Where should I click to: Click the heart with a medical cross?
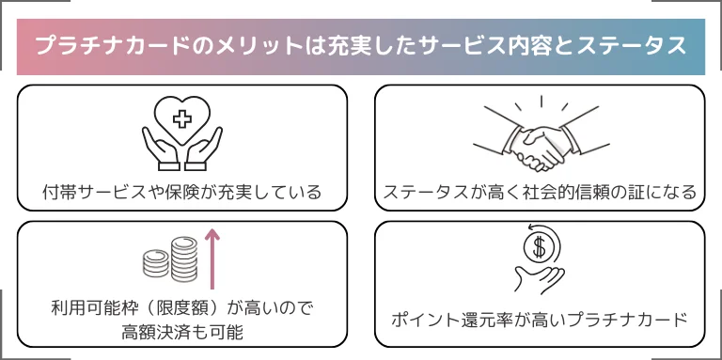tap(182, 119)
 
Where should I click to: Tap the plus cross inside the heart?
tap(182, 119)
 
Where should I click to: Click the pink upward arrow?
tap(212, 258)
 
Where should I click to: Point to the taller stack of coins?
tap(184, 258)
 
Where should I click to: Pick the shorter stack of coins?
tap(156, 263)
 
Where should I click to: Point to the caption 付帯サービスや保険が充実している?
tap(181, 193)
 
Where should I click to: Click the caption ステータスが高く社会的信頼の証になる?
tap(540, 193)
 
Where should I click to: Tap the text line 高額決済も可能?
tap(181, 333)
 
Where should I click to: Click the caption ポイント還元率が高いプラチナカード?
tap(540, 319)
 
